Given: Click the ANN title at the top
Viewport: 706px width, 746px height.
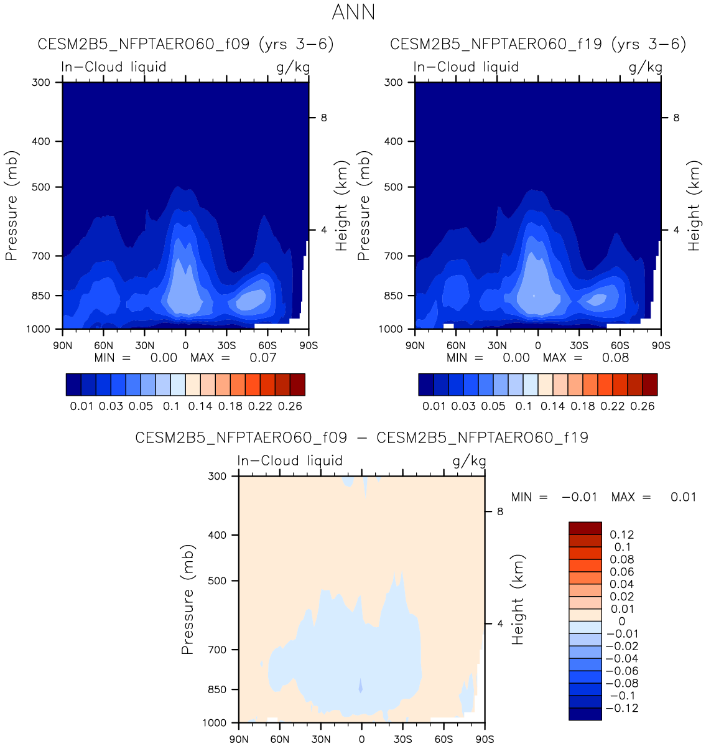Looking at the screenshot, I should pyautogui.click(x=353, y=12).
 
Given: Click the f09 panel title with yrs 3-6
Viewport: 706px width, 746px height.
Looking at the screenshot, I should pyautogui.click(x=186, y=44).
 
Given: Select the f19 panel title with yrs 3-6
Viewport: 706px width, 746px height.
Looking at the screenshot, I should pyautogui.click(x=538, y=44).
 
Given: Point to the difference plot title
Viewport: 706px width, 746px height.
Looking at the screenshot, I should pyautogui.click(x=361, y=437).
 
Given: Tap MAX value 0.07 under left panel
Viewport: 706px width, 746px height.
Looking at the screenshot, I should pyautogui.click(x=263, y=358).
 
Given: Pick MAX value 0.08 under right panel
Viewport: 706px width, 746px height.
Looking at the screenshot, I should pyautogui.click(x=615, y=358).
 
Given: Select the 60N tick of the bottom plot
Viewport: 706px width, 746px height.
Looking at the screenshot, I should pyautogui.click(x=280, y=739).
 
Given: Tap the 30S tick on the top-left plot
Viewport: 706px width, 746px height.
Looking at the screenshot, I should pyautogui.click(x=226, y=345).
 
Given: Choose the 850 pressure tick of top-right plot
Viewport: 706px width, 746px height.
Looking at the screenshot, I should pyautogui.click(x=393, y=296).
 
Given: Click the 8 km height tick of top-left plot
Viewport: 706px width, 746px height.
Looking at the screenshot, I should pyautogui.click(x=324, y=118).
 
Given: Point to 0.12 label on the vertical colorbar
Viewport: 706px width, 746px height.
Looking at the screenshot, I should pyautogui.click(x=622, y=534).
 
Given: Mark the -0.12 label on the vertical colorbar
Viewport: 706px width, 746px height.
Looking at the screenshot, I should pyautogui.click(x=622, y=708).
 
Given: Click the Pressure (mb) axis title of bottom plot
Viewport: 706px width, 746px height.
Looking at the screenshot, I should pyautogui.click(x=188, y=599).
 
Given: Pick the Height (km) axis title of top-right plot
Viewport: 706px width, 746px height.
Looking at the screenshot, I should pyautogui.click(x=694, y=205).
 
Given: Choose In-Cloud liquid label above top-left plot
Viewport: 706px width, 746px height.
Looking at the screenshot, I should pyautogui.click(x=114, y=67).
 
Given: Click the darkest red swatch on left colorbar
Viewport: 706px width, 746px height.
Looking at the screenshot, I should pyautogui.click(x=297, y=385).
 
